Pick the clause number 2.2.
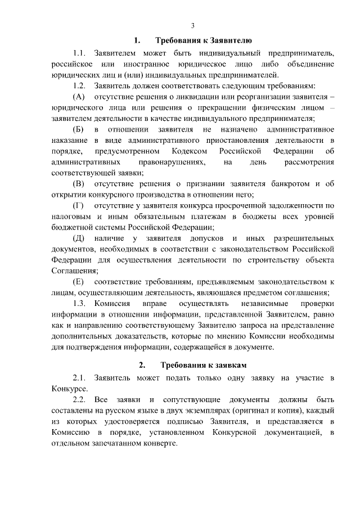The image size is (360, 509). [x=79, y=400]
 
